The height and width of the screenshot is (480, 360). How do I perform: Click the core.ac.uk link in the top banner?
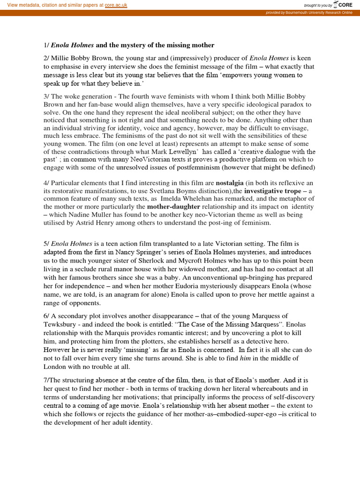(x=116, y=5)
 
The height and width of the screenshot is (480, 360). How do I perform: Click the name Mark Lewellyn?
(x=178, y=152)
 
